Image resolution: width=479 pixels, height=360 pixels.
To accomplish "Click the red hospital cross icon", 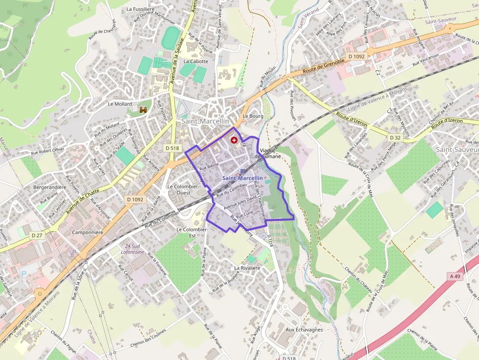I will point(233,140).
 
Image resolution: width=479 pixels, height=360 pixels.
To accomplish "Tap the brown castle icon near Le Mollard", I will point(143,110).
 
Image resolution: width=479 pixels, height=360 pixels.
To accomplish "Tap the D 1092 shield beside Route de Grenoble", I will point(357,57).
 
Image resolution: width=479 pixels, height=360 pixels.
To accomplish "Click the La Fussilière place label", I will point(141,9).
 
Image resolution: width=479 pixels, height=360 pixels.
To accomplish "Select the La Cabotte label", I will point(196,62).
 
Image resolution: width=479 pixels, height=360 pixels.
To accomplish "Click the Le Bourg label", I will point(253,116).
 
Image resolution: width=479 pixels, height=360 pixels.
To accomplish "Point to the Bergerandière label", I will point(49,187).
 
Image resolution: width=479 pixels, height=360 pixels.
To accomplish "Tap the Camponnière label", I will point(87,233).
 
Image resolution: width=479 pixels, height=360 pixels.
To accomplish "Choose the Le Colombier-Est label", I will point(193,232).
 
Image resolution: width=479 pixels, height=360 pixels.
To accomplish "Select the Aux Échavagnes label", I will point(304,330).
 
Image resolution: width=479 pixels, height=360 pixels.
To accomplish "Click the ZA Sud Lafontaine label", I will point(132,249).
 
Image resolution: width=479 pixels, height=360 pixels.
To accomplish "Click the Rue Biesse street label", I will point(209,166).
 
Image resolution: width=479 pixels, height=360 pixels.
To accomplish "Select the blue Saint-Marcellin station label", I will point(242,178).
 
